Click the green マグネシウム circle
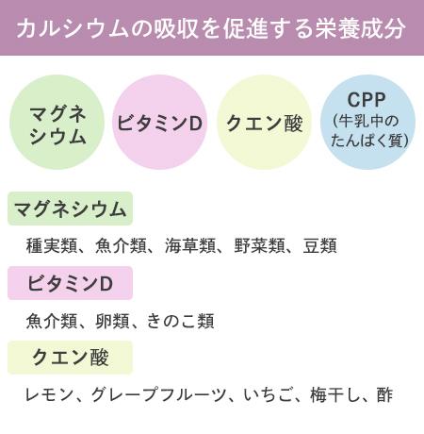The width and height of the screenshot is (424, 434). click(57, 122)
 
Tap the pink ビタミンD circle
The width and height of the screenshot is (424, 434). click(159, 122)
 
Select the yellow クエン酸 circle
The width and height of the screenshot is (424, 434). click(264, 122)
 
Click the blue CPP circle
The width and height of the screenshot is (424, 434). click(367, 122)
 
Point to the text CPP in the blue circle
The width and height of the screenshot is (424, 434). click(367, 100)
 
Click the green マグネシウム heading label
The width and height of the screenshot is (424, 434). click(70, 209)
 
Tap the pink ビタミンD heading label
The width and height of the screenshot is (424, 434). click(70, 283)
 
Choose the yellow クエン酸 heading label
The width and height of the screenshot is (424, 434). click(70, 358)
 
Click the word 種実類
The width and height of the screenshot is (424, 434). click(52, 245)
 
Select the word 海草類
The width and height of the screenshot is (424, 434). click(190, 245)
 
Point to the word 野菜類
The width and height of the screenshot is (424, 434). click(259, 245)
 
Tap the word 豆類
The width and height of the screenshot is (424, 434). click(320, 245)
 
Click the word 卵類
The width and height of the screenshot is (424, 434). click(112, 321)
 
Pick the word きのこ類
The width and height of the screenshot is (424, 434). click(180, 321)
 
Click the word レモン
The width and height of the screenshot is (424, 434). click(49, 394)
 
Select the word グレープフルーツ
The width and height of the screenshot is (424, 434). click(158, 394)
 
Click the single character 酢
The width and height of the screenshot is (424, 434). click(384, 394)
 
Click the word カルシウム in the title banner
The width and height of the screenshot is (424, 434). click(73, 28)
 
